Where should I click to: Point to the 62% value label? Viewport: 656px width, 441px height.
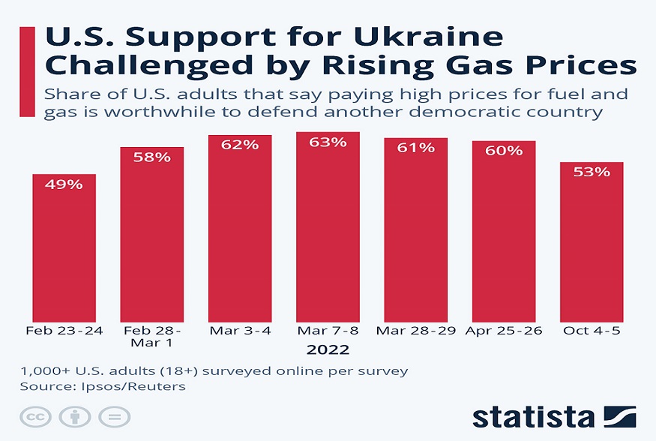coord(240,145)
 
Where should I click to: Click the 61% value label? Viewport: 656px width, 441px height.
coord(415,148)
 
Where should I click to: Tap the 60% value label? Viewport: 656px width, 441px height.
coord(504,151)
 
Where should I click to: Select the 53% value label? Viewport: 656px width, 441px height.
coord(592,172)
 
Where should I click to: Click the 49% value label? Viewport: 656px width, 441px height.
coord(64,184)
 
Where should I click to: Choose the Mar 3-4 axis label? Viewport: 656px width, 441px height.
coord(240,331)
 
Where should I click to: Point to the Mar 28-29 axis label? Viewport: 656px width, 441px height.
coord(415,331)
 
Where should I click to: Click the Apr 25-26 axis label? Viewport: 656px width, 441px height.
coord(504,331)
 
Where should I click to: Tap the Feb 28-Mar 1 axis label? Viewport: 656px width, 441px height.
coord(152,337)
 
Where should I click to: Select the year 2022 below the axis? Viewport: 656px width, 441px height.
coord(328,349)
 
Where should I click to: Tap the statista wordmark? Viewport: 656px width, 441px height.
coord(532,418)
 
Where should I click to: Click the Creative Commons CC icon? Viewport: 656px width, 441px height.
coord(34,418)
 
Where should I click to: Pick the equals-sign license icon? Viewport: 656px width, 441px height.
coord(113,418)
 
